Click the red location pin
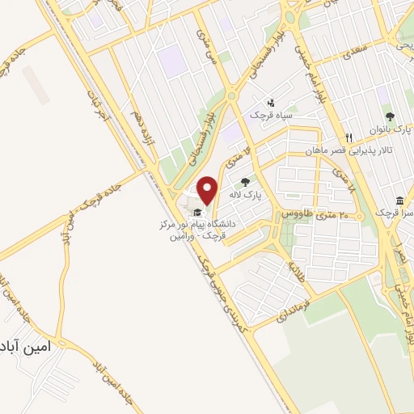pos(208,188)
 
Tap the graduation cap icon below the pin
pos(197,212)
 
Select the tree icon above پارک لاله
pos(246,182)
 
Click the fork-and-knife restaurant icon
pos(349,137)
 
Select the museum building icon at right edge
pos(399,200)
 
